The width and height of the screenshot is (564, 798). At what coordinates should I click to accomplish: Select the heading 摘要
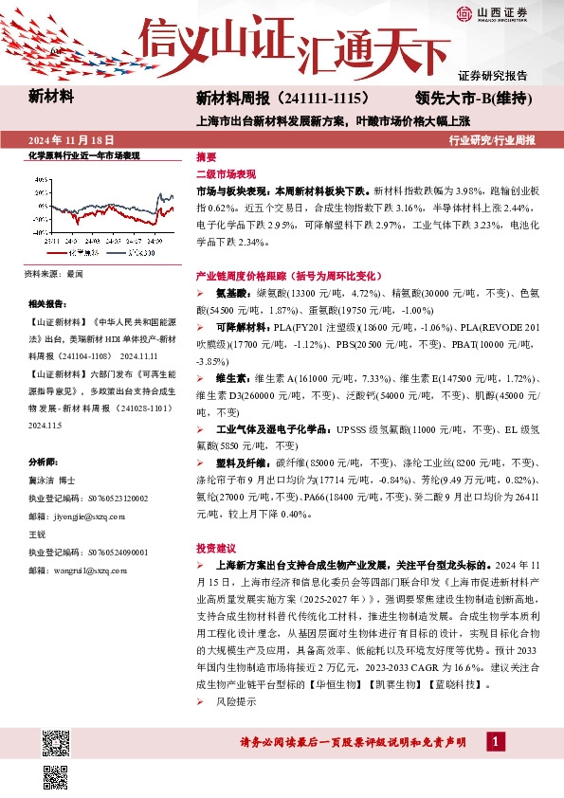pos(206,156)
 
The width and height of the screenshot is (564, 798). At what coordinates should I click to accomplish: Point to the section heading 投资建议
pos(214,547)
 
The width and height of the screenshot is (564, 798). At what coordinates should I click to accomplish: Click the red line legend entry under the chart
pos(80,254)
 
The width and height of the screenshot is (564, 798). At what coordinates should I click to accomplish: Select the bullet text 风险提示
pos(236,702)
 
